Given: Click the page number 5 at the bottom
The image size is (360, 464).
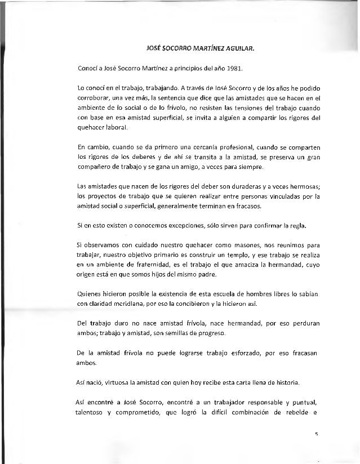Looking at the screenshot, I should click(318, 434).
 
